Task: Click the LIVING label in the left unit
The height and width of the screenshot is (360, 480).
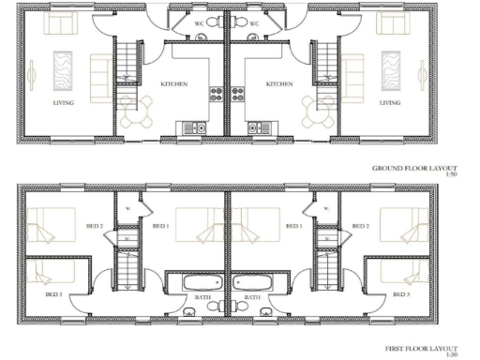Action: (x=64, y=102)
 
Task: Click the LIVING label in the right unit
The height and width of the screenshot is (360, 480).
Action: (x=389, y=102)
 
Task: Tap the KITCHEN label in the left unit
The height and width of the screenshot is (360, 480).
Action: (x=173, y=84)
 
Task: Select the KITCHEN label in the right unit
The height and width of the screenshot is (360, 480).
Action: (x=279, y=84)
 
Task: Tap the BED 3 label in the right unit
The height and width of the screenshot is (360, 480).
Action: (x=400, y=295)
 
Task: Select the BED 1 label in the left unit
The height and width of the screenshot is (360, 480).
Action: (x=159, y=226)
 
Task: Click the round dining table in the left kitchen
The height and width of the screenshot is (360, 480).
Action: (x=134, y=110)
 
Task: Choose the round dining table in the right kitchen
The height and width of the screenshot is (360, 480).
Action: (x=319, y=110)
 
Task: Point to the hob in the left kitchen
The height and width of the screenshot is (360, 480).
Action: (x=215, y=93)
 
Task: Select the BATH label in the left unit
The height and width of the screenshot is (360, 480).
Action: (x=202, y=297)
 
